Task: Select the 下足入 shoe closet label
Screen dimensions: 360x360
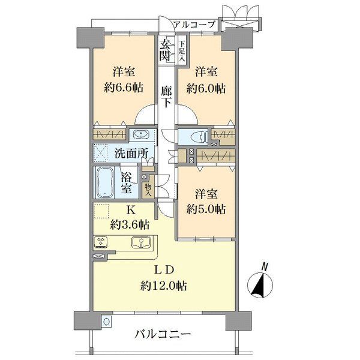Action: click(x=181, y=51)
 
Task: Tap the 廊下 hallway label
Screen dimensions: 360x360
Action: click(x=167, y=96)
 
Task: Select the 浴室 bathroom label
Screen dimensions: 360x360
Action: click(x=127, y=183)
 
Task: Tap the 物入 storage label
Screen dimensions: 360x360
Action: click(x=148, y=189)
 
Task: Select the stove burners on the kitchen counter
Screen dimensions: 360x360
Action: click(x=100, y=243)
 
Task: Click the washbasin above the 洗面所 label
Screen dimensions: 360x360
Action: click(x=142, y=134)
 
